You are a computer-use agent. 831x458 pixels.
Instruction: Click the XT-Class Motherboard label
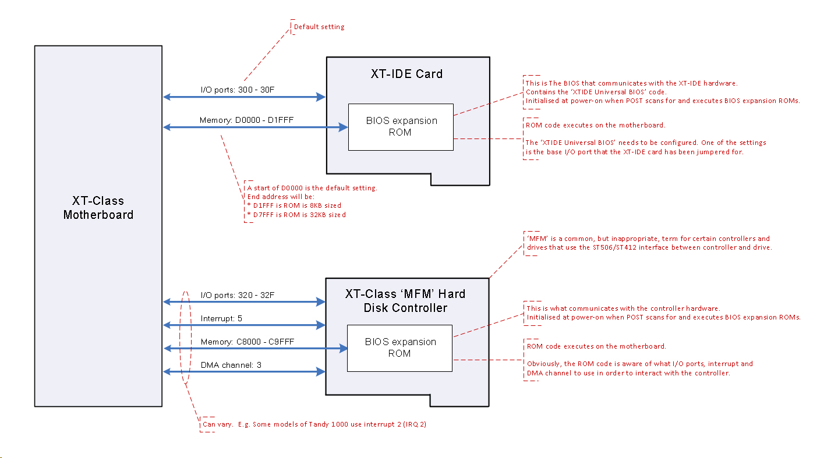[98, 208]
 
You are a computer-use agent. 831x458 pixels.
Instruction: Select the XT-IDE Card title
[406, 74]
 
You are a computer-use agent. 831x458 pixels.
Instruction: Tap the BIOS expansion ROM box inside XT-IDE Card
[401, 127]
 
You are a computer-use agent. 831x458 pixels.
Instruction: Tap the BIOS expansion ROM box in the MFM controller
[399, 347]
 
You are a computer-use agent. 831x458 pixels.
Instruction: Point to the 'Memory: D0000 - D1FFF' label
[241, 120]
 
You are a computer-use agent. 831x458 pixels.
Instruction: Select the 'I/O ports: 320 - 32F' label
[237, 295]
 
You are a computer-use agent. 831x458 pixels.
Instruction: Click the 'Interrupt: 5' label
[221, 319]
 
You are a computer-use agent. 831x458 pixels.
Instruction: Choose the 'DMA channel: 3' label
[230, 365]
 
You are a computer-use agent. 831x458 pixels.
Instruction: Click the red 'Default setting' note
[319, 27]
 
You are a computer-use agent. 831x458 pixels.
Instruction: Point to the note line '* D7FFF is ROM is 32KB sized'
[296, 215]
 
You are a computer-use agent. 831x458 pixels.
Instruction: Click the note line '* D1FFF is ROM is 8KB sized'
[294, 205]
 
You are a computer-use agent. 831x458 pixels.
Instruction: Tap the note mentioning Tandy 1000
[314, 424]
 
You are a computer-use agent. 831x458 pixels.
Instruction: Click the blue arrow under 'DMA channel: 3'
[244, 371]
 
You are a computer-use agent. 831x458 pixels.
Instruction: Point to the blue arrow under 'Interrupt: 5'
[244, 324]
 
